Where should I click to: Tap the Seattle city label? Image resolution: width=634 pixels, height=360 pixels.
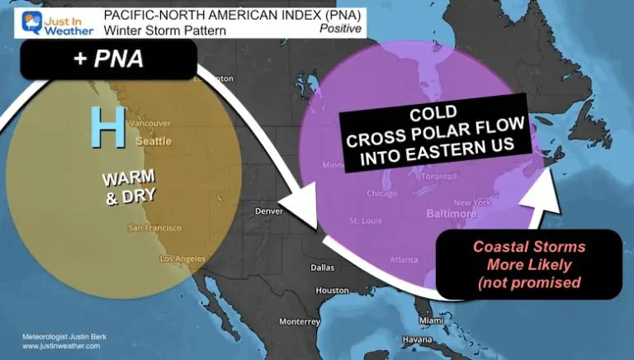[153, 141]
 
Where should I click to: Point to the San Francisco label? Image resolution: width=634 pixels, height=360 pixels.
[154, 227]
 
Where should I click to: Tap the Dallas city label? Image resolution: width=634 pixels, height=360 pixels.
[321, 268]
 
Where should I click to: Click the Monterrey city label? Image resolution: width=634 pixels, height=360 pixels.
[299, 321]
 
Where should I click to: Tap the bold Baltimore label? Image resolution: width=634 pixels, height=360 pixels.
[452, 214]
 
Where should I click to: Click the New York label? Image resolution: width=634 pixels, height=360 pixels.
[473, 202]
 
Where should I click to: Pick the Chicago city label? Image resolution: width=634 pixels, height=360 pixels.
[382, 194]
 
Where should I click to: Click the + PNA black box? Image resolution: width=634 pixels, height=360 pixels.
[108, 60]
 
